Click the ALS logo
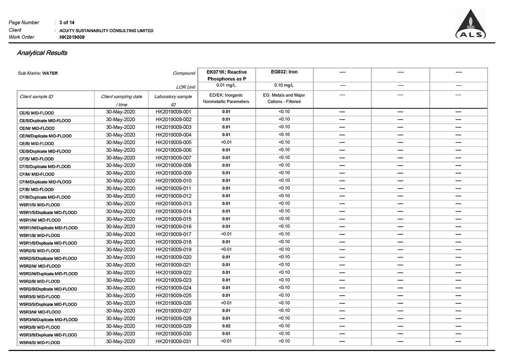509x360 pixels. [471, 25]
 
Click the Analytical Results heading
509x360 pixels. [42, 53]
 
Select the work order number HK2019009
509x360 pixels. [72, 37]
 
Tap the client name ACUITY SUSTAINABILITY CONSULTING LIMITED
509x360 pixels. [106, 30]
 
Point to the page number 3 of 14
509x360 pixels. [67, 23]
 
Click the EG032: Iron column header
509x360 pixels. [284, 72]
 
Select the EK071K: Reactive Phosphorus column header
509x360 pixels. [226, 75]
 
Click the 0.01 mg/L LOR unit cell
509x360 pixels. [226, 85]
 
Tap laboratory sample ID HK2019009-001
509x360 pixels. [173, 112]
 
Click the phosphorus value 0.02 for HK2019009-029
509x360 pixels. [226, 326]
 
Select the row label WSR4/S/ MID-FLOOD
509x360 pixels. [39, 343]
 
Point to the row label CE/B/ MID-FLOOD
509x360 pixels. [36, 144]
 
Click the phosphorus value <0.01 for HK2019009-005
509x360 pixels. [226, 142]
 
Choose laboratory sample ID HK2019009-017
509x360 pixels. [173, 234]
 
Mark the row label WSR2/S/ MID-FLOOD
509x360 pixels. [39, 251]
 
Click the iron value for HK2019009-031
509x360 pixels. [284, 341]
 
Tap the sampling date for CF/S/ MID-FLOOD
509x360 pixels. [121, 158]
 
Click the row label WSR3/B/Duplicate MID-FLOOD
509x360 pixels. [48, 335]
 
